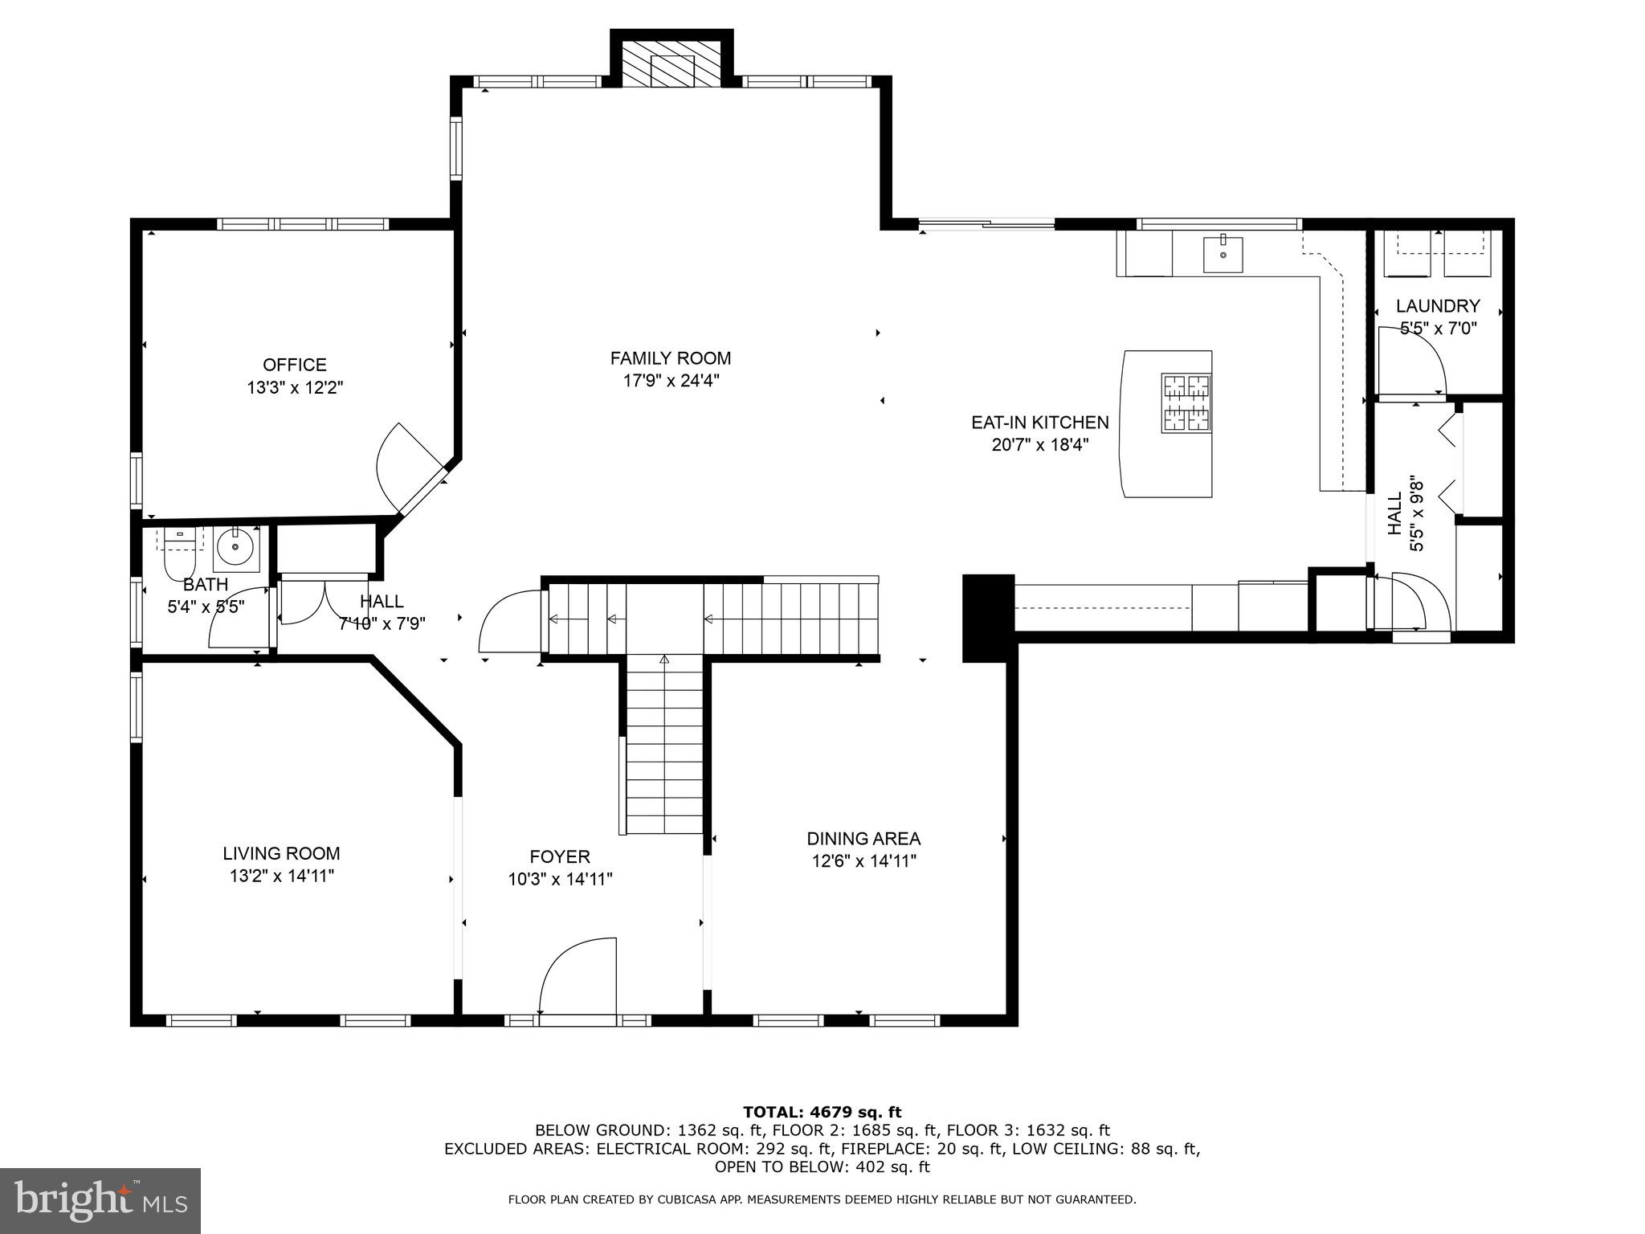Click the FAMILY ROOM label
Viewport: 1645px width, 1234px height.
tap(670, 358)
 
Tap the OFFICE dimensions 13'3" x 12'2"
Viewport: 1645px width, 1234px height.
tap(295, 388)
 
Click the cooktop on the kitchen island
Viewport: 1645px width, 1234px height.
tap(1186, 402)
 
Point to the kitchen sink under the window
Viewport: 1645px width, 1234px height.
tap(1223, 254)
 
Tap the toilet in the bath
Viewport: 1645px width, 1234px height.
tap(180, 554)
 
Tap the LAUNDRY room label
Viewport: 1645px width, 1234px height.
tap(1437, 306)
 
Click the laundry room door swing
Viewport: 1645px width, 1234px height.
tap(1411, 362)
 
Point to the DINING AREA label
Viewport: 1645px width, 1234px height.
tap(863, 839)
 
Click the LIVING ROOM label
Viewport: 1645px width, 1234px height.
tap(281, 853)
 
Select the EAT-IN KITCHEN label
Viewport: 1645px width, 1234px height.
tap(1039, 423)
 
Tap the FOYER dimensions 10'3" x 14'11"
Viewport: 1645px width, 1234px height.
tap(560, 880)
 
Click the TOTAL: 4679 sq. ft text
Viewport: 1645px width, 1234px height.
tap(822, 1112)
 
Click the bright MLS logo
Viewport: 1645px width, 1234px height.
tap(100, 1200)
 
